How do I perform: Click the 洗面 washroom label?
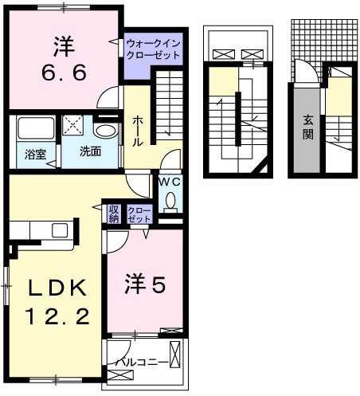[x=88, y=151]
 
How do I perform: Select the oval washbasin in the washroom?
[x=104, y=130]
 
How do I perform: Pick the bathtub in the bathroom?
[x=35, y=128]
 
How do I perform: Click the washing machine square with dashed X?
[x=75, y=126]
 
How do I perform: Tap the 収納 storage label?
[x=114, y=213]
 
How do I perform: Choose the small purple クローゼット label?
[x=138, y=213]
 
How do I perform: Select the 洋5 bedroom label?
[x=146, y=284]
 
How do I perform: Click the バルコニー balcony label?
[x=142, y=363]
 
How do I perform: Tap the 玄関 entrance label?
[x=308, y=126]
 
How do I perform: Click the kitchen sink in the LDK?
[x=61, y=230]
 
